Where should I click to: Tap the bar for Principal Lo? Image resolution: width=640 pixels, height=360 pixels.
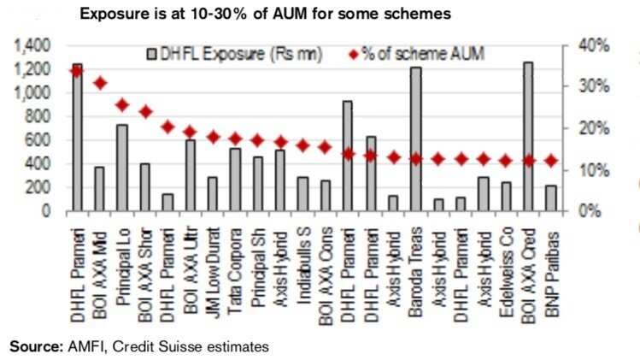click(x=122, y=168)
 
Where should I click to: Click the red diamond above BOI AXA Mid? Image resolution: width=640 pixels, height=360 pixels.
click(x=100, y=83)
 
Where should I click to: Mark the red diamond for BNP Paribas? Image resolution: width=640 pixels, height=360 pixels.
click(x=549, y=160)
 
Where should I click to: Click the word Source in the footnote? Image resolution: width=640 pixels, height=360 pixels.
click(x=32, y=346)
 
